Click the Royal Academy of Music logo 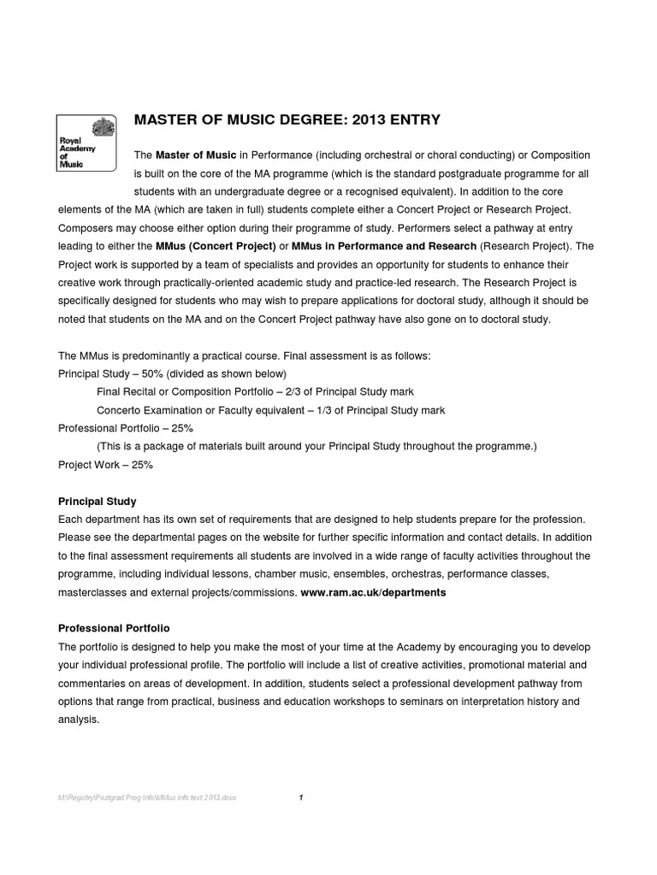(x=87, y=143)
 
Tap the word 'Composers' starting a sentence (x=86, y=228)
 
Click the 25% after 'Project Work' (x=141, y=465)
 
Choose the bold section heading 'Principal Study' (x=97, y=501)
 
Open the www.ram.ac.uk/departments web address (x=373, y=591)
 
